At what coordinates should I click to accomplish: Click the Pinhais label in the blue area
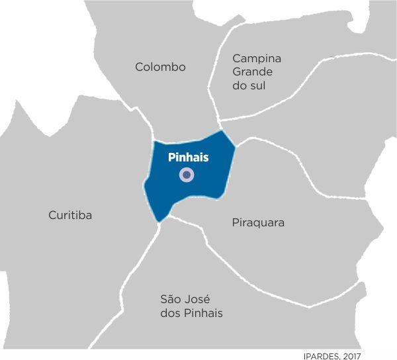188,157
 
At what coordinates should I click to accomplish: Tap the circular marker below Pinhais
187,175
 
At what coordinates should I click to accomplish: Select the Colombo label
160,67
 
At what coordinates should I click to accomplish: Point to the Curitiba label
70,215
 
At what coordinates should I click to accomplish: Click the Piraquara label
258,222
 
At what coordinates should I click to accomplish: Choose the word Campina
257,58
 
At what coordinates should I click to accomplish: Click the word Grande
253,72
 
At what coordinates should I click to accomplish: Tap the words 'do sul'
249,86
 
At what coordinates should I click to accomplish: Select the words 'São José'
185,299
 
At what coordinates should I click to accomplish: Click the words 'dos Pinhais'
191,313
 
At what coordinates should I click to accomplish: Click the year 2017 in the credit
352,355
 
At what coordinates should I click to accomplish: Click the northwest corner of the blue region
154,142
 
